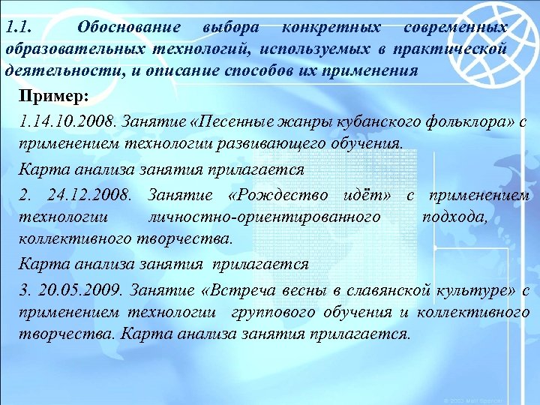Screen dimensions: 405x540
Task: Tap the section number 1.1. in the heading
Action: click(x=18, y=28)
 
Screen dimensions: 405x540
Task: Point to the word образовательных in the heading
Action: click(x=75, y=49)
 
